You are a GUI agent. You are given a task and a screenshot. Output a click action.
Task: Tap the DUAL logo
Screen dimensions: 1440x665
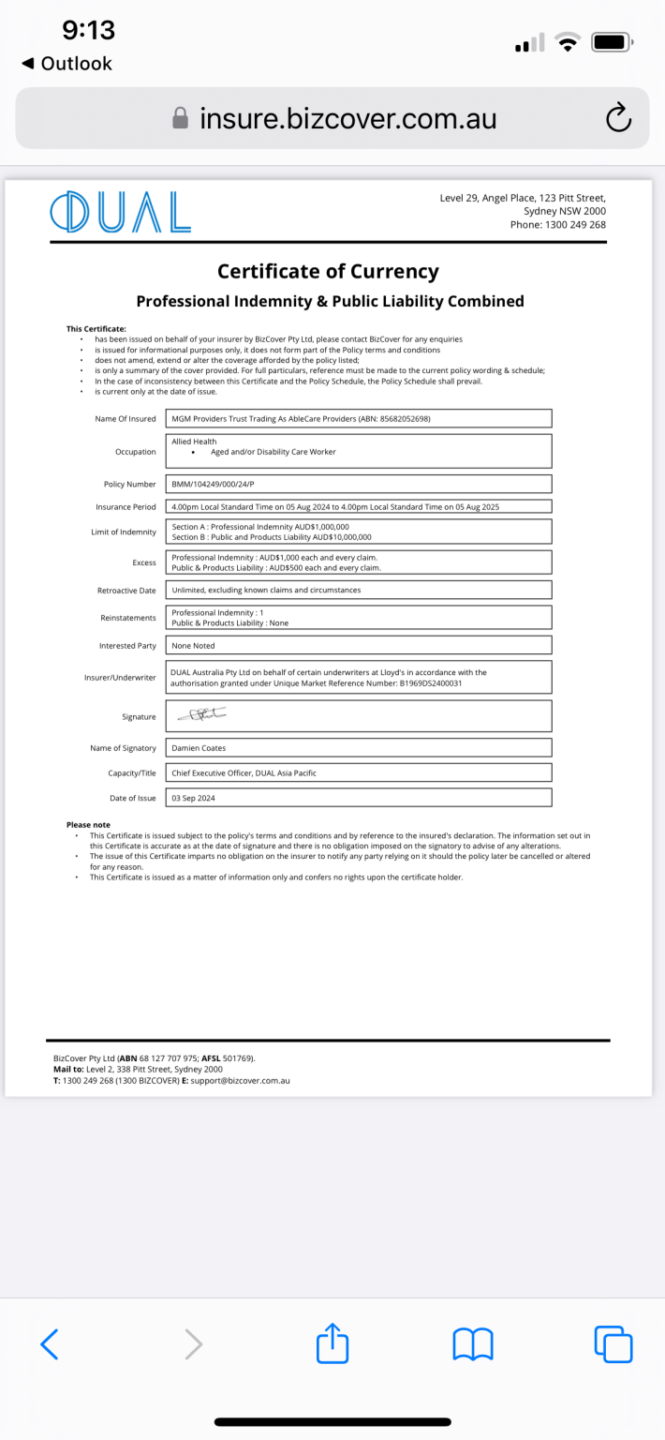(120, 212)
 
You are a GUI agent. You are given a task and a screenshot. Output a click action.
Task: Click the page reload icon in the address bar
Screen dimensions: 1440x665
(618, 118)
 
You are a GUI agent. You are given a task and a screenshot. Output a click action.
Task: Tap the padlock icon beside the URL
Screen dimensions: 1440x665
(181, 118)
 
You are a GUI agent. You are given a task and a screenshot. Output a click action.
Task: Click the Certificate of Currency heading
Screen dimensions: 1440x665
(328, 272)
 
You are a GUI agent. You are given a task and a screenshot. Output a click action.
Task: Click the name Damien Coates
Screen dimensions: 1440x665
(198, 748)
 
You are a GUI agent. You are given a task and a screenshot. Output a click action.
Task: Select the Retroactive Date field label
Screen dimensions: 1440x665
(126, 591)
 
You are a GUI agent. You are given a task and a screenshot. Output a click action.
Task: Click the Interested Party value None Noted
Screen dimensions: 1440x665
(193, 646)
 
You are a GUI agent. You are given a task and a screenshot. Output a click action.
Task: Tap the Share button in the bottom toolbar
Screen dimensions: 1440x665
(332, 1344)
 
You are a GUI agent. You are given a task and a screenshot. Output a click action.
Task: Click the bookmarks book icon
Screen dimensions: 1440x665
(473, 1344)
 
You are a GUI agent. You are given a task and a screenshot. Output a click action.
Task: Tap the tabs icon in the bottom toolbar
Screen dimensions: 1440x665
(613, 1344)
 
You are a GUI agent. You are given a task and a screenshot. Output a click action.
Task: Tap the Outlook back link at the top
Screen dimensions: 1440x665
(67, 64)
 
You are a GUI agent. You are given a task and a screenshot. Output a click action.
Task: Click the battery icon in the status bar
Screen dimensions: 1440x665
(613, 41)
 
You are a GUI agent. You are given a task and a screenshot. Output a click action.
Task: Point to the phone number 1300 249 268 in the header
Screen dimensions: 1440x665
(571, 225)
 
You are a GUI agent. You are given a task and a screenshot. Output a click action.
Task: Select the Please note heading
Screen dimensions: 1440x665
(88, 825)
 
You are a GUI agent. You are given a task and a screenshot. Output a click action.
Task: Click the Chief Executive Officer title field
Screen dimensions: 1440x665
(244, 773)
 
